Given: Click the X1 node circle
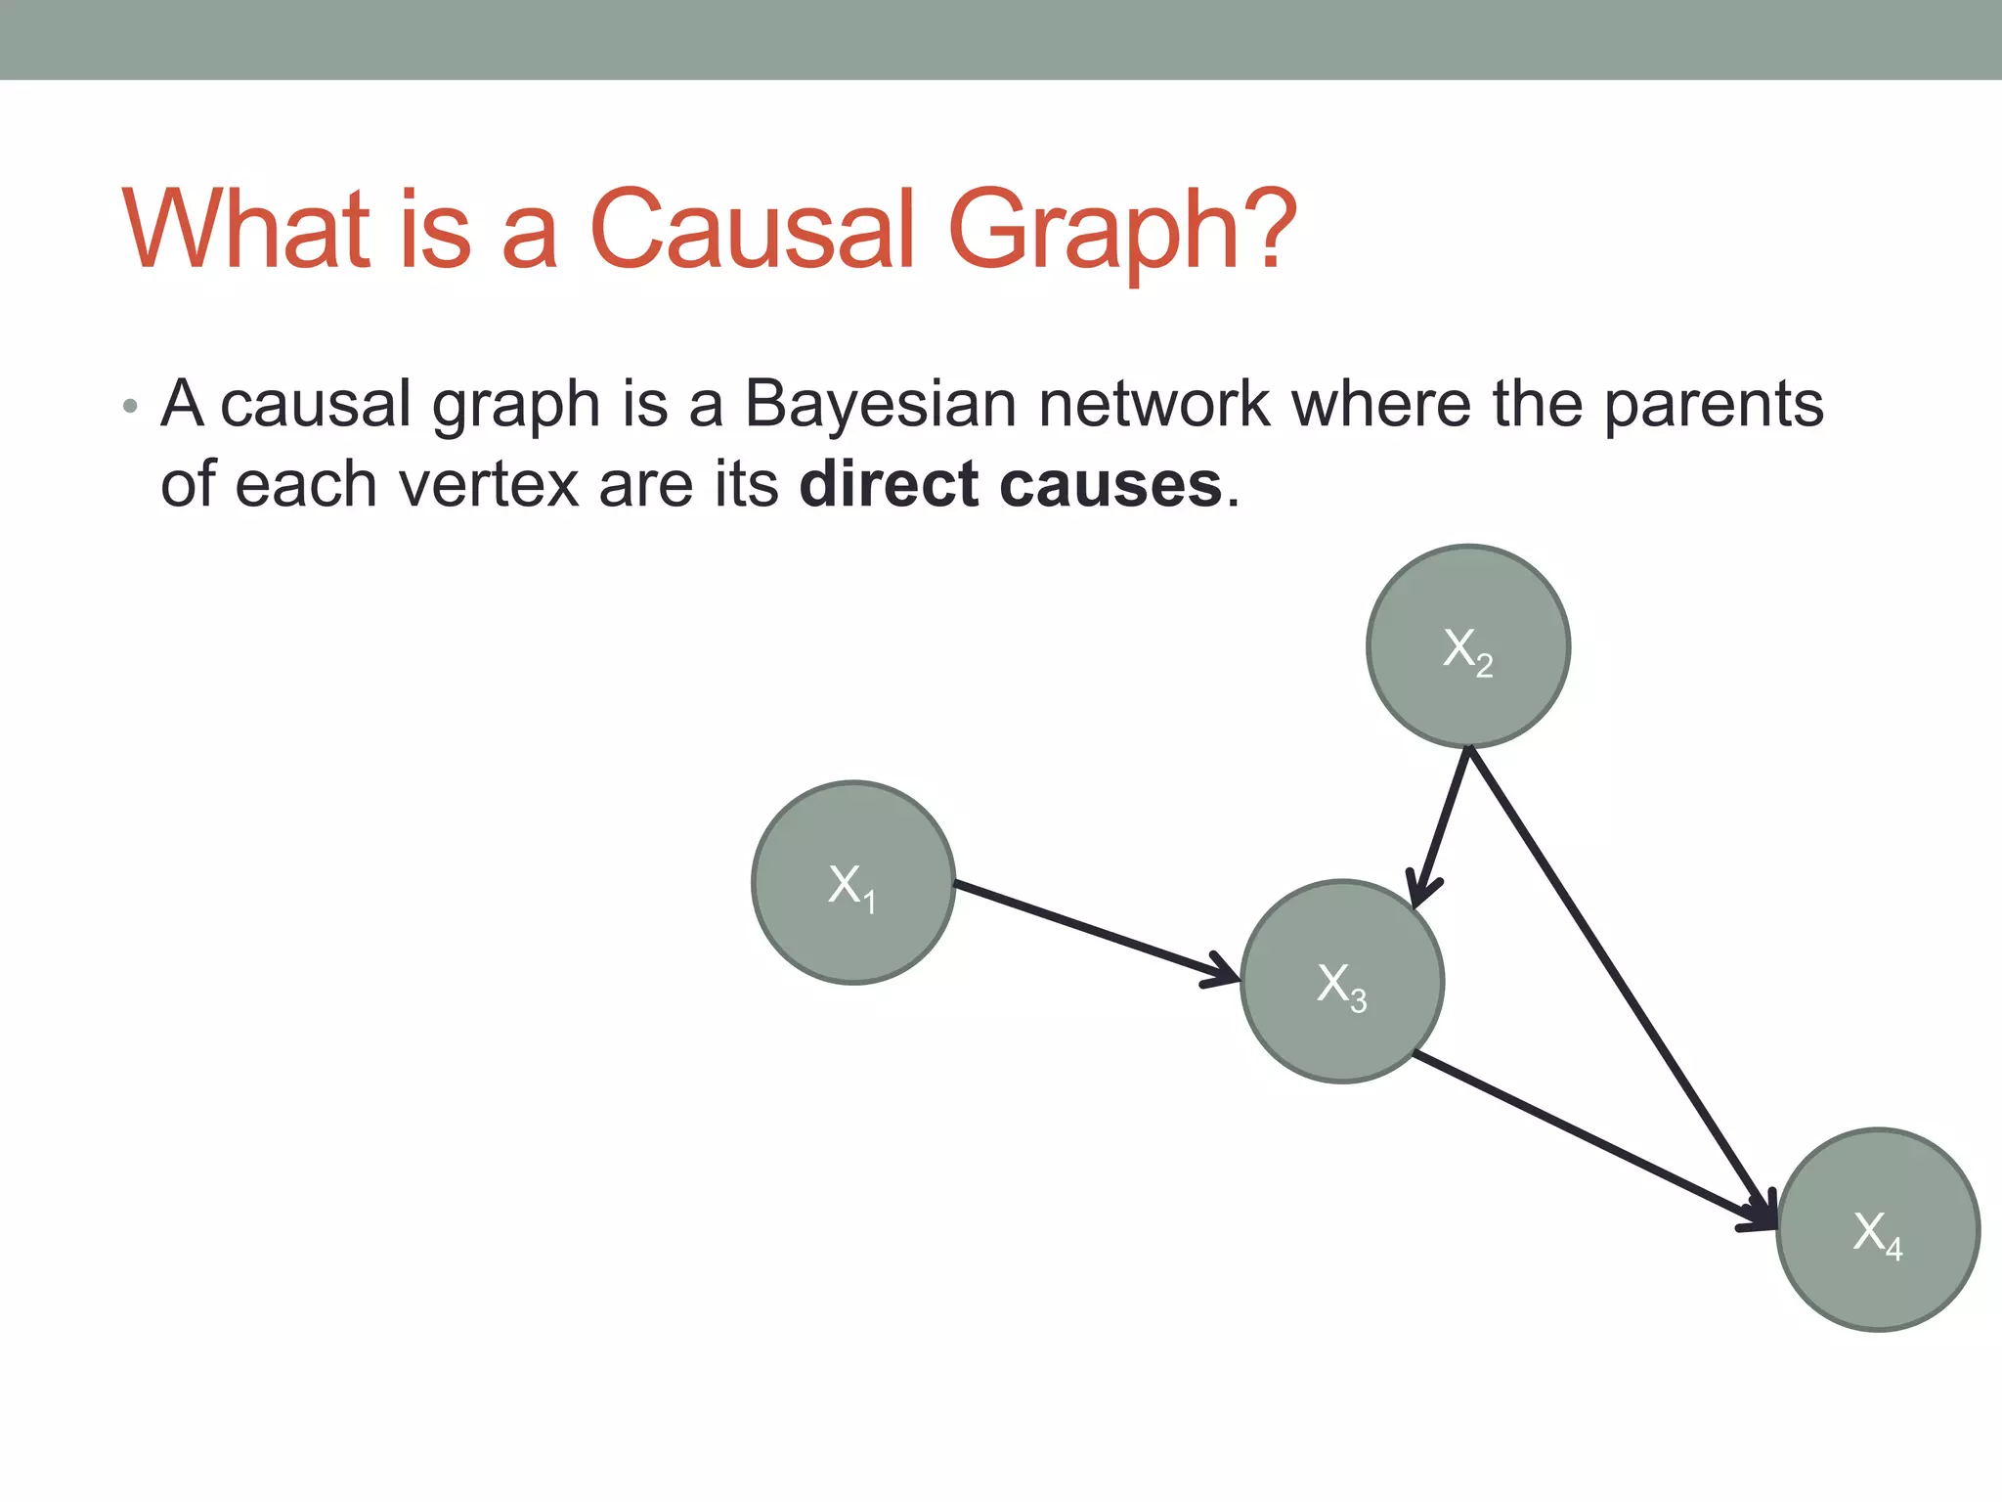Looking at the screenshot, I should [852, 882].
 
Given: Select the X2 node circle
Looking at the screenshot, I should [1468, 646].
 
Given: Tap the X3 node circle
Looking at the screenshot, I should [1342, 982].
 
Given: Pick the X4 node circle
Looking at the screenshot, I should [1878, 1229].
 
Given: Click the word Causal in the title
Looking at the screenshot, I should [753, 229].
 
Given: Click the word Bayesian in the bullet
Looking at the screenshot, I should [880, 404].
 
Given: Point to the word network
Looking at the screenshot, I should [1153, 404].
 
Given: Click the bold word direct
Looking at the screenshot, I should [888, 484].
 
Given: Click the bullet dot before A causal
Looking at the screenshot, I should [131, 406].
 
